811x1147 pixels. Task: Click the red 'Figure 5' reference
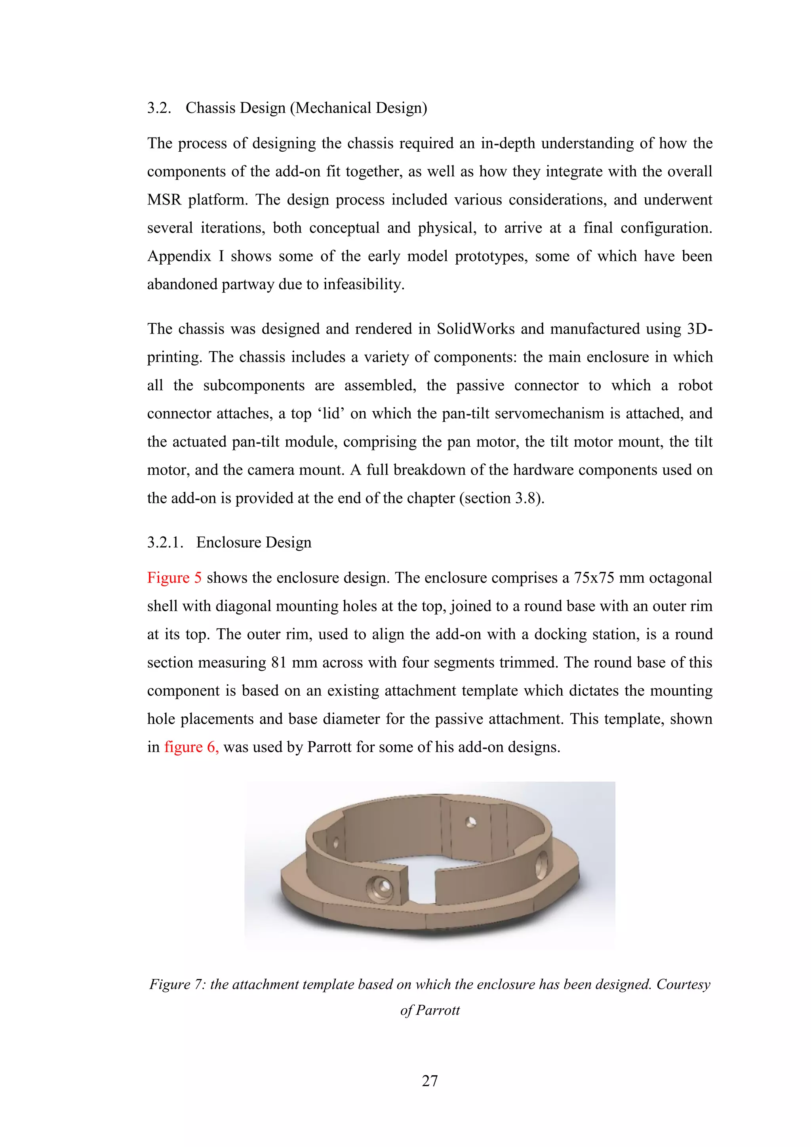pyautogui.click(x=174, y=578)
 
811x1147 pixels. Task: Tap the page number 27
pyautogui.click(x=430, y=1080)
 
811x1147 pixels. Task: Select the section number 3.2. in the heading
pyautogui.click(x=159, y=108)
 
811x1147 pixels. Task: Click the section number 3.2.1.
pyautogui.click(x=165, y=542)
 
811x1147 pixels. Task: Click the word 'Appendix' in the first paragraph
pyautogui.click(x=179, y=256)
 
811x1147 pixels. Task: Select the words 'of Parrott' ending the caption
pyautogui.click(x=430, y=1010)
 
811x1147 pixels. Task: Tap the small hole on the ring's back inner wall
pyautogui.click(x=470, y=822)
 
